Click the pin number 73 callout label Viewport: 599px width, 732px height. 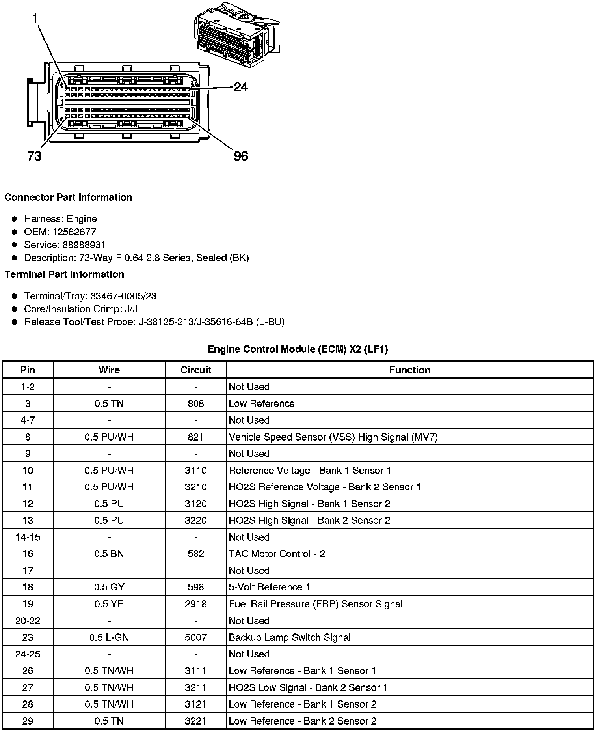tap(34, 156)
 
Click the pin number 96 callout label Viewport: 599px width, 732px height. tap(241, 156)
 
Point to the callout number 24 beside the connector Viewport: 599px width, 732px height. tap(240, 87)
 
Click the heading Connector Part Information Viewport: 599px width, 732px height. tap(68, 197)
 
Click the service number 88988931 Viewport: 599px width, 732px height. tap(84, 245)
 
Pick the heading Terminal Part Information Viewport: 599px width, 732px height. tap(64, 274)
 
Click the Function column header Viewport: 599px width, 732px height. tap(409, 370)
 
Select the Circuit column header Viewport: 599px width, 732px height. tap(196, 370)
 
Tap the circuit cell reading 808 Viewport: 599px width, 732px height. tap(196, 403)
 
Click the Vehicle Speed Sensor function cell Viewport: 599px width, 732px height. tap(333, 437)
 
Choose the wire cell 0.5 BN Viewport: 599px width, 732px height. tap(109, 554)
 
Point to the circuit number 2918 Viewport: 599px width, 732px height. tap(196, 604)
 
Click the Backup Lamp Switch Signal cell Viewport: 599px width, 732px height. tap(290, 637)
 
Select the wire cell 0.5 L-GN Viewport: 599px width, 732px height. tap(109, 637)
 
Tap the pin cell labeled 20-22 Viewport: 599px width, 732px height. tap(28, 621)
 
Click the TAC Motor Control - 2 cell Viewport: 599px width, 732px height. tap(277, 554)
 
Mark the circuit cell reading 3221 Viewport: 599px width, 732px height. tap(196, 721)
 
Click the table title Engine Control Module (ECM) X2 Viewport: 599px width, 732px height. tap(298, 349)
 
